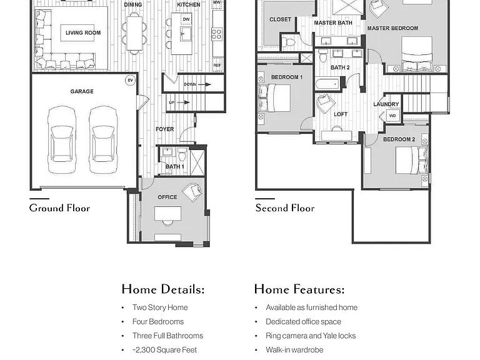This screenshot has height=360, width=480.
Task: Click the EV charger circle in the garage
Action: pos(131,81)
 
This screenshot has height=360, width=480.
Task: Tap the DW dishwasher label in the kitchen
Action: pos(186,19)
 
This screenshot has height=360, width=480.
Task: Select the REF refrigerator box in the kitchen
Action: pos(217,65)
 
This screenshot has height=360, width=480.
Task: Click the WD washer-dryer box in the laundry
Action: pos(392,116)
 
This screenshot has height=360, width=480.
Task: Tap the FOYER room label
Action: pos(165,129)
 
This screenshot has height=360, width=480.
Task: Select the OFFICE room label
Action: pos(167,197)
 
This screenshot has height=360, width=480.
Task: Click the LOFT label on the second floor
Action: pos(341,114)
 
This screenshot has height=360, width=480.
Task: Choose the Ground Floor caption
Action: pos(60,208)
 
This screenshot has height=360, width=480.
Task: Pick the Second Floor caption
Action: pos(285,208)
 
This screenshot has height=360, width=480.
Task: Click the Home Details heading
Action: pos(163,289)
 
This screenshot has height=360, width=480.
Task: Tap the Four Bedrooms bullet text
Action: pos(158,322)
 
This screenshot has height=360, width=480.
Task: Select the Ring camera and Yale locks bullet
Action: pos(311,336)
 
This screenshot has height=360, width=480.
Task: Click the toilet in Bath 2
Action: pos(323,56)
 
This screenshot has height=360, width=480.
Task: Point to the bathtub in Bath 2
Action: pos(328,84)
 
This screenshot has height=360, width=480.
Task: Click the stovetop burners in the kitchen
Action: pos(217,34)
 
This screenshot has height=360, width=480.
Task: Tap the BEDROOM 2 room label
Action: pos(399,139)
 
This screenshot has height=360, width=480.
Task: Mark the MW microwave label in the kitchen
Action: pos(217,2)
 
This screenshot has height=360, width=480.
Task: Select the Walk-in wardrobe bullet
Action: pos(294,350)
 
